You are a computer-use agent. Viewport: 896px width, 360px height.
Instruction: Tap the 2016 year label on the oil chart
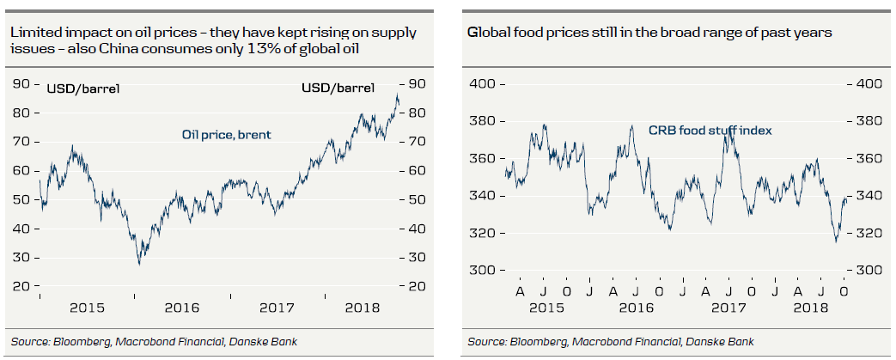click(182, 308)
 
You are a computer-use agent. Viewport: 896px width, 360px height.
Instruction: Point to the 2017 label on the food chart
click(729, 308)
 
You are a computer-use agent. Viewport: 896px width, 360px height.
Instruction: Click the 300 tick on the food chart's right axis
click(867, 271)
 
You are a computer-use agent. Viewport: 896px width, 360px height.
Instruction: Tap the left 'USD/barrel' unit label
click(82, 88)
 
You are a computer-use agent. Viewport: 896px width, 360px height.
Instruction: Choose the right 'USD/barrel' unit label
click(338, 88)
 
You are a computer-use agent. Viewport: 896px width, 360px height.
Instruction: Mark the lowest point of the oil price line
click(138, 263)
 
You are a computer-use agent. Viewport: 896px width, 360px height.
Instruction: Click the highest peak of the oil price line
click(397, 95)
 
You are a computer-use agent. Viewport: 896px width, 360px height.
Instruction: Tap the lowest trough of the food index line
click(836, 242)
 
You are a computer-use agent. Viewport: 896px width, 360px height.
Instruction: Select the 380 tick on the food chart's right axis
click(867, 121)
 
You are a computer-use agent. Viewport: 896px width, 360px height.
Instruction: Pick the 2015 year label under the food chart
click(547, 308)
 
